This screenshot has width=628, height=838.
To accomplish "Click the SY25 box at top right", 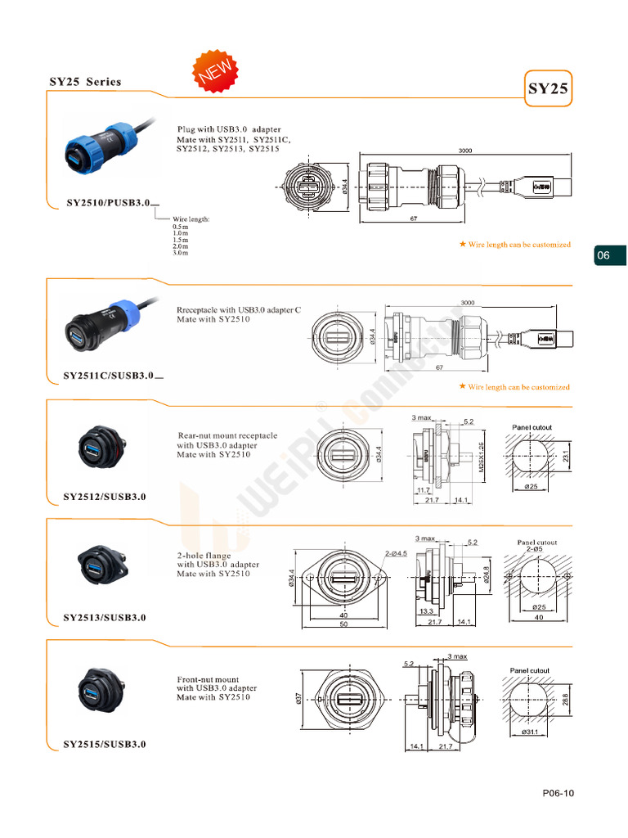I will (548, 89).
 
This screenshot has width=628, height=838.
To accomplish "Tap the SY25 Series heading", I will (85, 82).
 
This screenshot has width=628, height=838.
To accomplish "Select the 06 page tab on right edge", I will (603, 256).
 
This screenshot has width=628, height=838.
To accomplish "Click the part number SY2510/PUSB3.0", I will (107, 202).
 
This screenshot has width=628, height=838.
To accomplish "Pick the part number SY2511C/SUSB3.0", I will (109, 376).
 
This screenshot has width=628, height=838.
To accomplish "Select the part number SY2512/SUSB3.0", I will (105, 497).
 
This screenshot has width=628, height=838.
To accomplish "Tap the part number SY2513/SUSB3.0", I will (105, 618).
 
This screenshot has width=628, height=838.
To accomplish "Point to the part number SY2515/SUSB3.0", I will (105, 744).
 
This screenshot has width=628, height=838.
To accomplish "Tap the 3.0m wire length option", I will (181, 253).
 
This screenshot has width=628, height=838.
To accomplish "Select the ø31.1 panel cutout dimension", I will (532, 732).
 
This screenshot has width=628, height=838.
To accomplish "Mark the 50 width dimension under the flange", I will (343, 624).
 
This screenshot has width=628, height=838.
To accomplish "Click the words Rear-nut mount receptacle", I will (227, 436).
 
